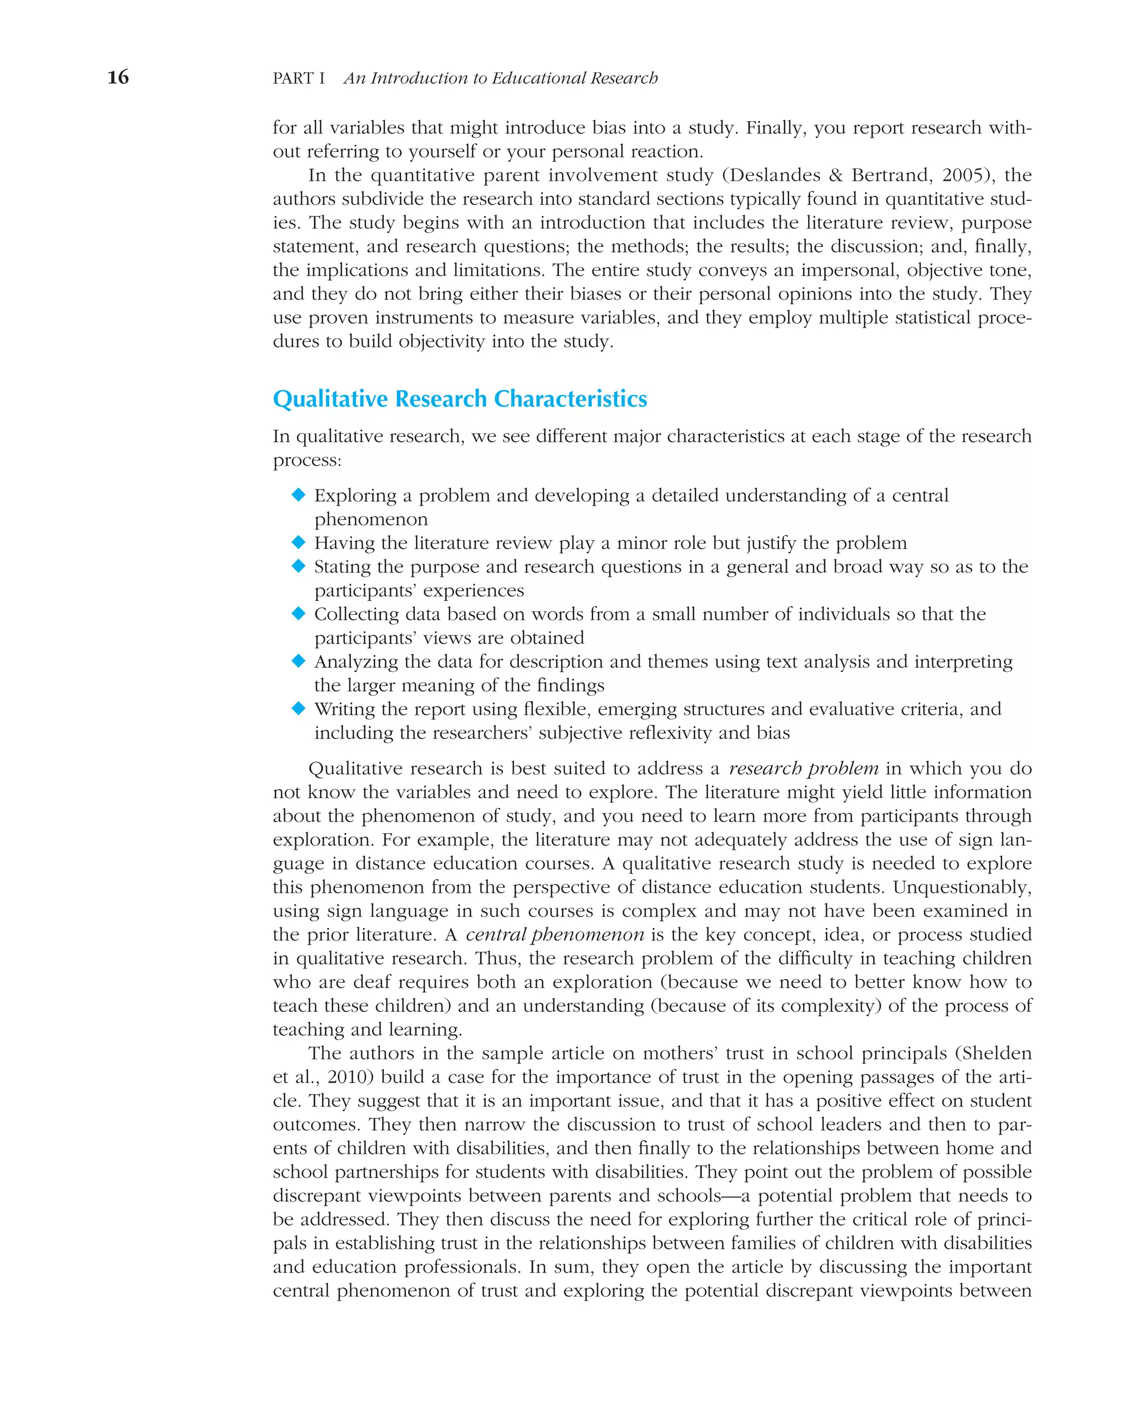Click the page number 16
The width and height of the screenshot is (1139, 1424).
pyautogui.click(x=118, y=77)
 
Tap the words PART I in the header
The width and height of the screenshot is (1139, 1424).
pyautogui.click(x=299, y=78)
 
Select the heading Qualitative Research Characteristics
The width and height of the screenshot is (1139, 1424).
pyautogui.click(x=459, y=399)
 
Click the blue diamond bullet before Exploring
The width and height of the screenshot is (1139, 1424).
pyautogui.click(x=299, y=495)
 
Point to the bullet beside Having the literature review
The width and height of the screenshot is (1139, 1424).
pyautogui.click(x=299, y=542)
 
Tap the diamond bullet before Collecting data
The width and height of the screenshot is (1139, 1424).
pyautogui.click(x=299, y=614)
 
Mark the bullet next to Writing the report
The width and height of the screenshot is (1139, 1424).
pyautogui.click(x=299, y=709)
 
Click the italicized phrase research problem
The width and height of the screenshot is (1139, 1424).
pyautogui.click(x=803, y=768)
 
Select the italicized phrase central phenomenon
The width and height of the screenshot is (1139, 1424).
pyautogui.click(x=554, y=934)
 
